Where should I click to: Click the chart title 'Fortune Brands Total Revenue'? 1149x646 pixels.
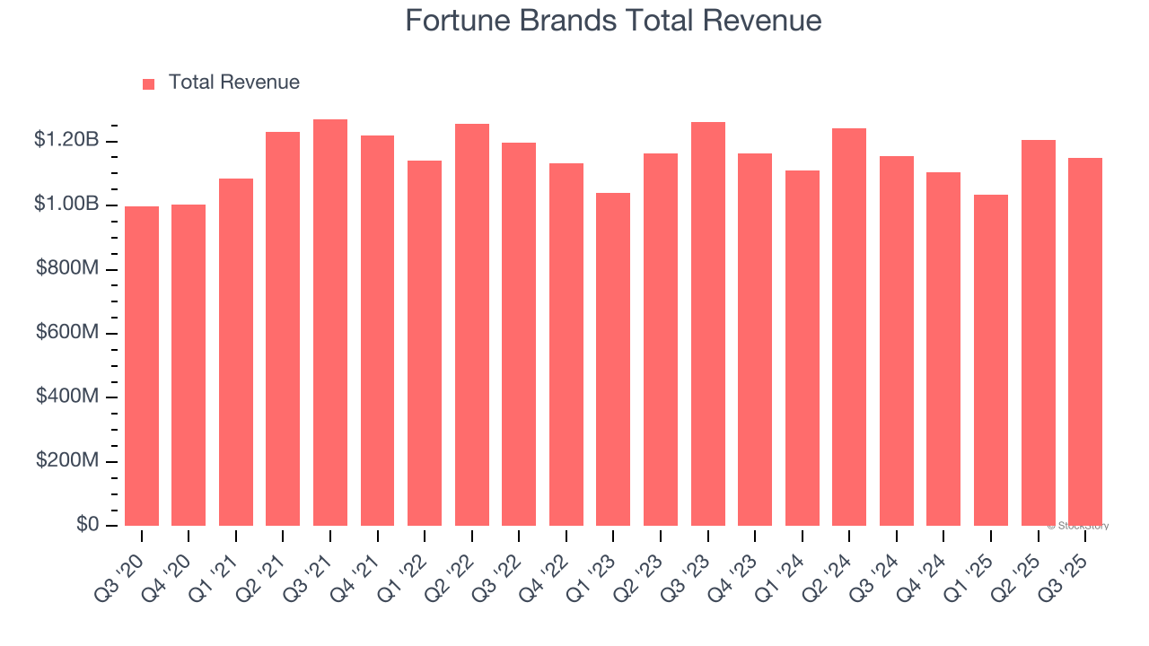click(x=613, y=21)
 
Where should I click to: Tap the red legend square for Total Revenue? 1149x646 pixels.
click(x=148, y=83)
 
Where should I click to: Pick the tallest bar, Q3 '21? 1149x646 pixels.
click(x=330, y=323)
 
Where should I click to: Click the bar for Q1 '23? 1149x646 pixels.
click(x=613, y=359)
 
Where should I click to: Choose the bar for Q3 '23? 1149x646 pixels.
click(x=707, y=324)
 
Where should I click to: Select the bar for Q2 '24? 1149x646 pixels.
click(x=849, y=327)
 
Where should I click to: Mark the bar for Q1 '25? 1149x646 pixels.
click(x=990, y=360)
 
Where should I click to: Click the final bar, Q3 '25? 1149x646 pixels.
click(x=1084, y=342)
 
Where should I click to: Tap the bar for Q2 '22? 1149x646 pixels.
click(x=472, y=325)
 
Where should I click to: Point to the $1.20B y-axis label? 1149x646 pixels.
click(x=66, y=140)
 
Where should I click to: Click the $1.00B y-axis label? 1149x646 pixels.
click(x=66, y=205)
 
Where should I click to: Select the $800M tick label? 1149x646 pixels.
click(x=67, y=269)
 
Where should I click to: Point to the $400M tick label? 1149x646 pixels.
click(x=67, y=397)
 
